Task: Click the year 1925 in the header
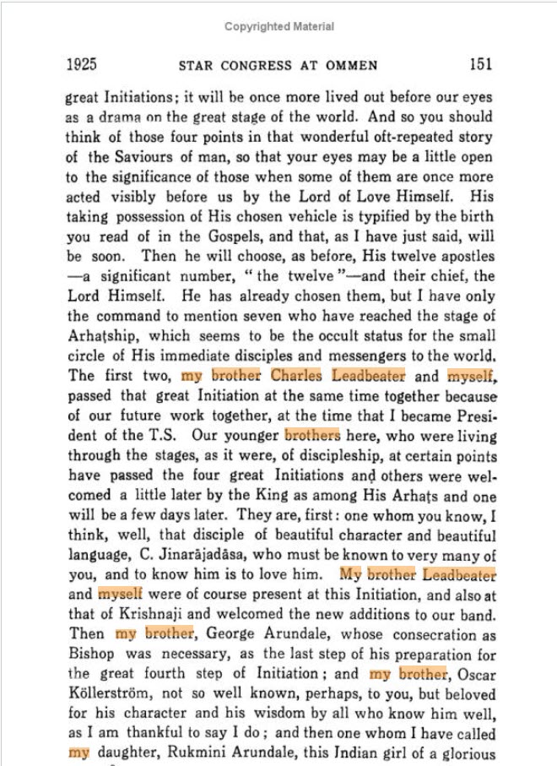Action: (81, 65)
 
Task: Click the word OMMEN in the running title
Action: (353, 66)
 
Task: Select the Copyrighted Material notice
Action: (278, 27)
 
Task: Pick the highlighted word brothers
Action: (312, 437)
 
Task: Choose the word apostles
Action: (456, 256)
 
